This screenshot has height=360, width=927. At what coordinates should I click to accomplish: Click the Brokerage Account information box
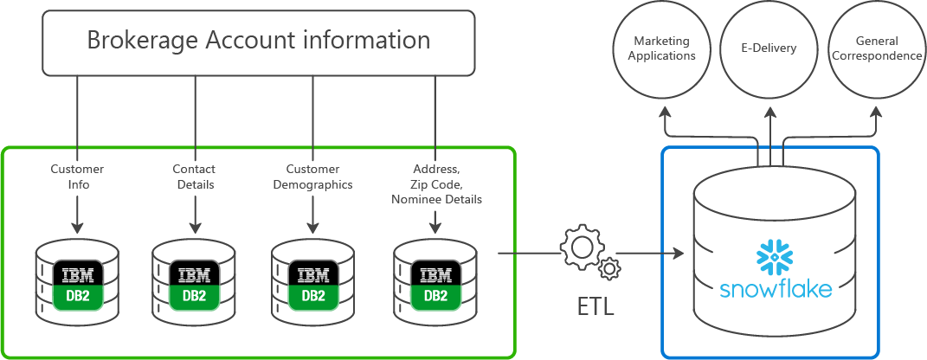259,41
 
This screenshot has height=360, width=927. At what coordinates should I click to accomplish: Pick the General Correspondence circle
876,48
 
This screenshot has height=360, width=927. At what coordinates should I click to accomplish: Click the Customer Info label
78,176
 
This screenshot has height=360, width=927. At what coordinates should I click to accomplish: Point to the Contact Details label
195,176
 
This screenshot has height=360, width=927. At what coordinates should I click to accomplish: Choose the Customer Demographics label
313,176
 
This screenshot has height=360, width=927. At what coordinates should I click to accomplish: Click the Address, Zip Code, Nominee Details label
435,183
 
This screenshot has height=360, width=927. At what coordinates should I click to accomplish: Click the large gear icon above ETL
581,248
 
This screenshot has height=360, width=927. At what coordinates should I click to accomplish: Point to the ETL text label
595,306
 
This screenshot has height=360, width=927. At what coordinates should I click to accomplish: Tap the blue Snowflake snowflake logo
775,257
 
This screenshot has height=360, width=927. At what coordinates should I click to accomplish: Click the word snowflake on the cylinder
776,289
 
